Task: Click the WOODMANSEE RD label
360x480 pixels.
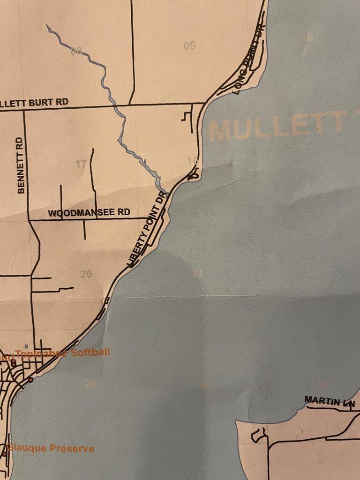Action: tap(89, 212)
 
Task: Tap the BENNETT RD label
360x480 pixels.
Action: tap(20, 165)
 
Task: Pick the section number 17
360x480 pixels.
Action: tap(81, 164)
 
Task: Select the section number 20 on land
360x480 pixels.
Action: tap(86, 274)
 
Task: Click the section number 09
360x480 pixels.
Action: tap(189, 45)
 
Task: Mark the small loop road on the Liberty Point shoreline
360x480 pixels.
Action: tap(194, 175)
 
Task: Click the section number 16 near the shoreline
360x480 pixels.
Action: tap(192, 161)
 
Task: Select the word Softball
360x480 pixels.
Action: tap(90, 352)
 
